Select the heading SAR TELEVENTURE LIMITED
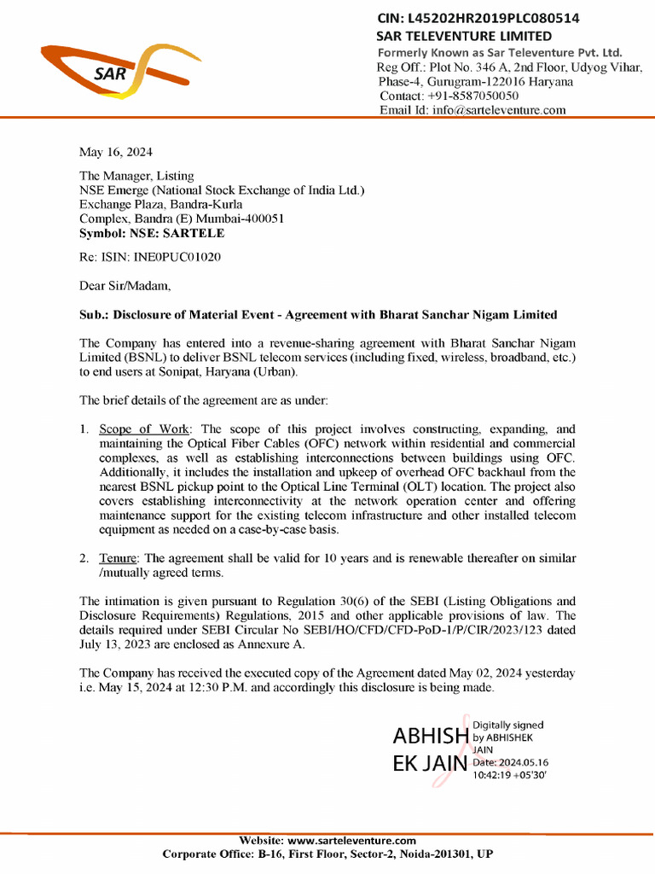[464, 36]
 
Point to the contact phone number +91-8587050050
[476, 96]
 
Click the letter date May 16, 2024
[116, 152]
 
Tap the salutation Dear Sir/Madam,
[125, 285]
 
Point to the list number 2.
[84, 558]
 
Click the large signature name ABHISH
[430, 736]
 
